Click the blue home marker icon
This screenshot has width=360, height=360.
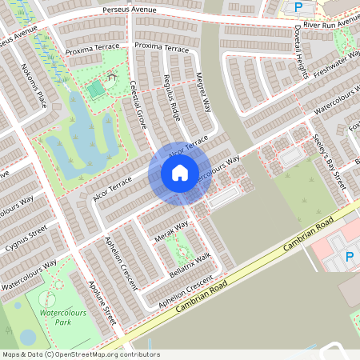(180, 172)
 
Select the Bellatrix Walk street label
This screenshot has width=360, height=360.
(190, 262)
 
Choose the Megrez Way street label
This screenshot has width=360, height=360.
(204, 94)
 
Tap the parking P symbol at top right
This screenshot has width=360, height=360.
(298, 7)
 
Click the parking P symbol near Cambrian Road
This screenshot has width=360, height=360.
(350, 258)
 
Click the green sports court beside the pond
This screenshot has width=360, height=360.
(96, 89)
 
